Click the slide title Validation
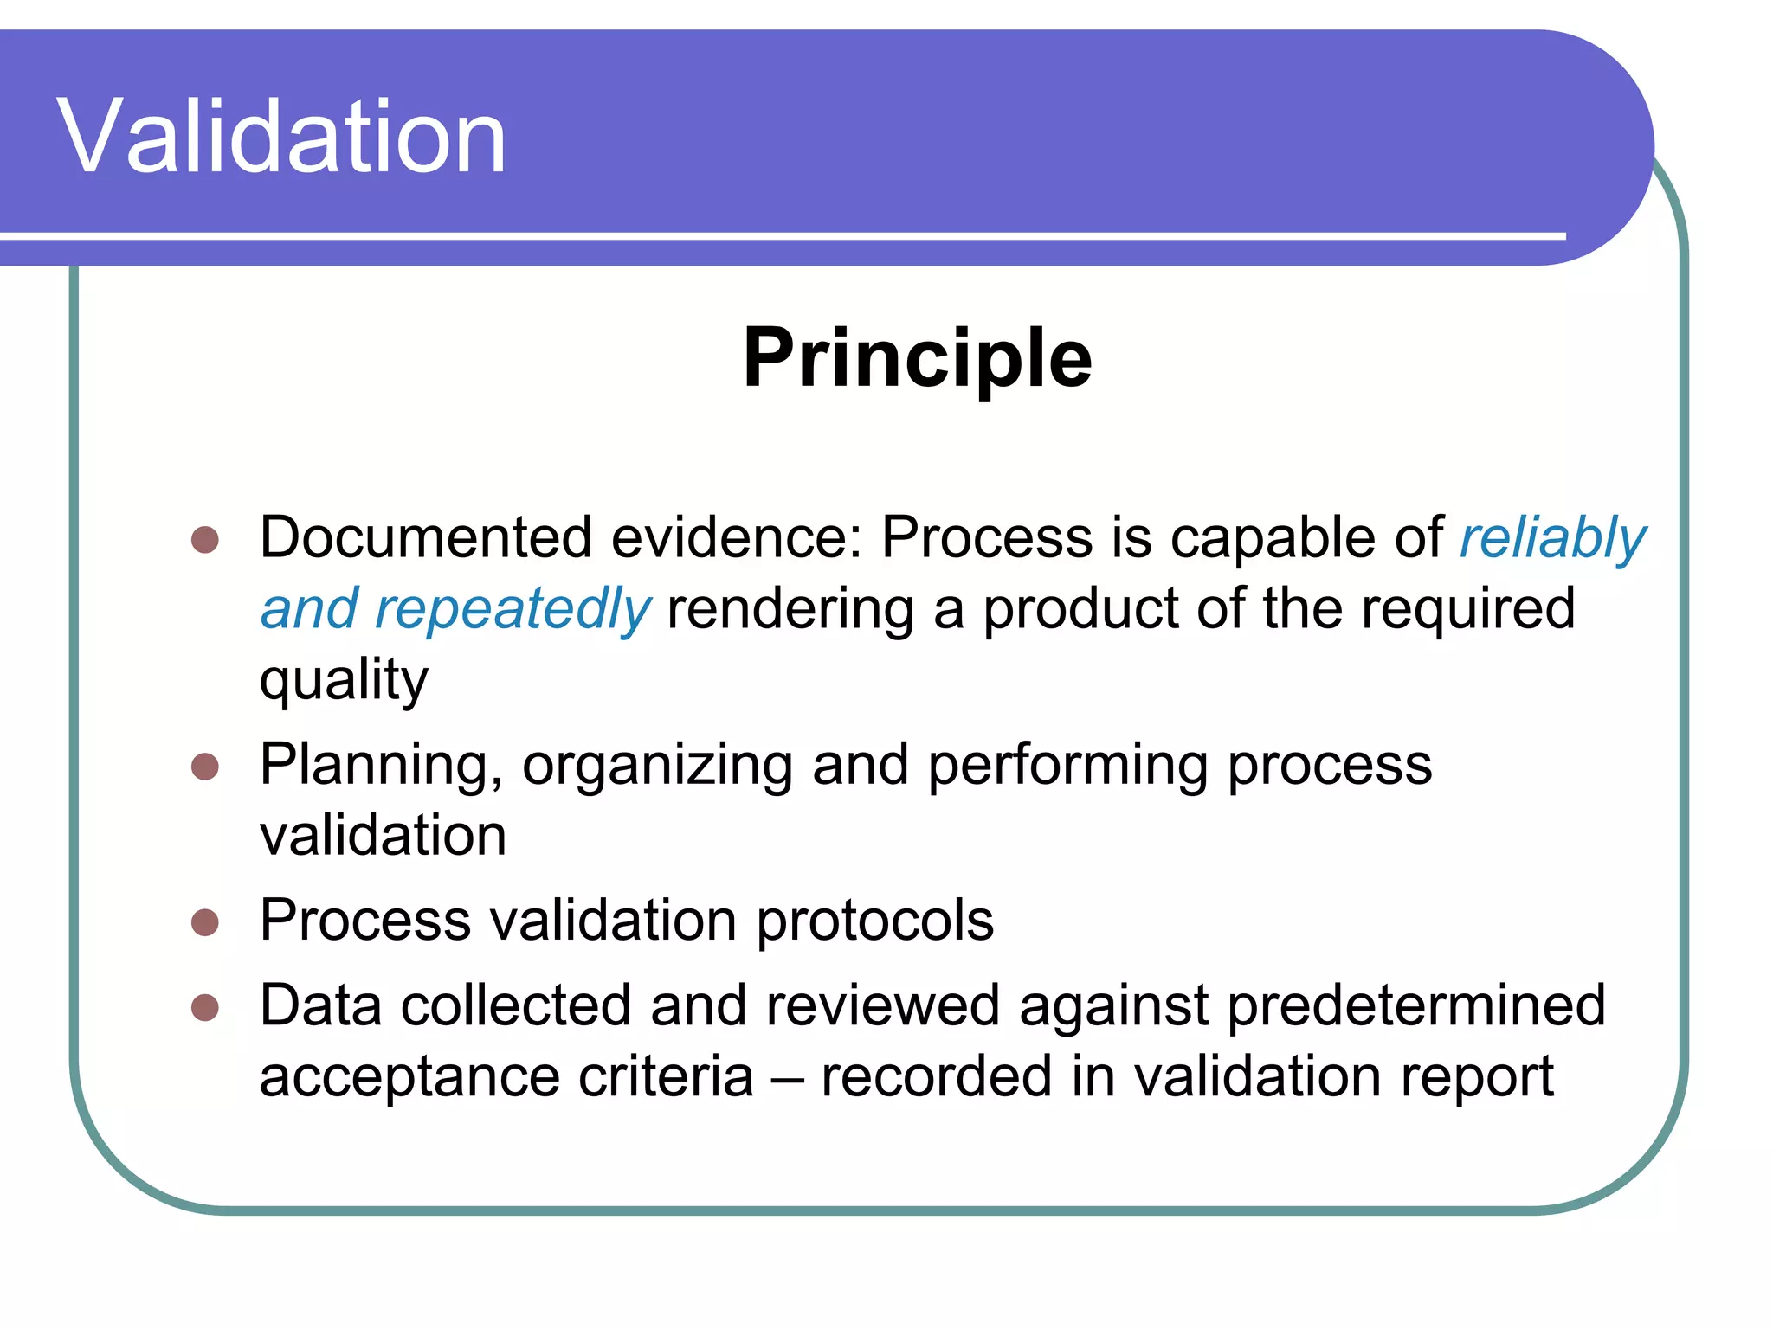[281, 137]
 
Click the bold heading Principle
[918, 358]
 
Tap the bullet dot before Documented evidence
[205, 540]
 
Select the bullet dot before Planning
[205, 767]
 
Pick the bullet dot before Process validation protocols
[205, 922]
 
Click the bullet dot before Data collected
[205, 1008]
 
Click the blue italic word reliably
[1552, 540]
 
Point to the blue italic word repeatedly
[512, 610]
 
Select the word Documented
[426, 538]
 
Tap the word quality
[344, 682]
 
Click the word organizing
[657, 767]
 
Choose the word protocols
[875, 921]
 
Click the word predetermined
[1416, 1006]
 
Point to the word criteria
[666, 1077]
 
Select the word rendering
[790, 610]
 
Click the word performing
[1067, 767]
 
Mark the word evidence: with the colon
[737, 538]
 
